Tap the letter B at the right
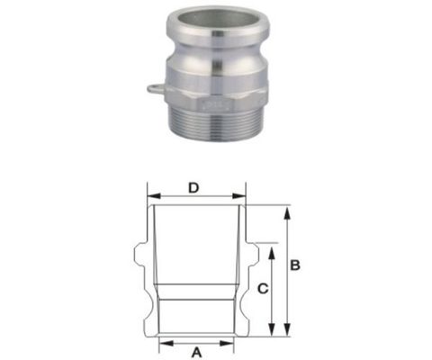295,265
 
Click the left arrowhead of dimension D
151,194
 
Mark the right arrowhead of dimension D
242,194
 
